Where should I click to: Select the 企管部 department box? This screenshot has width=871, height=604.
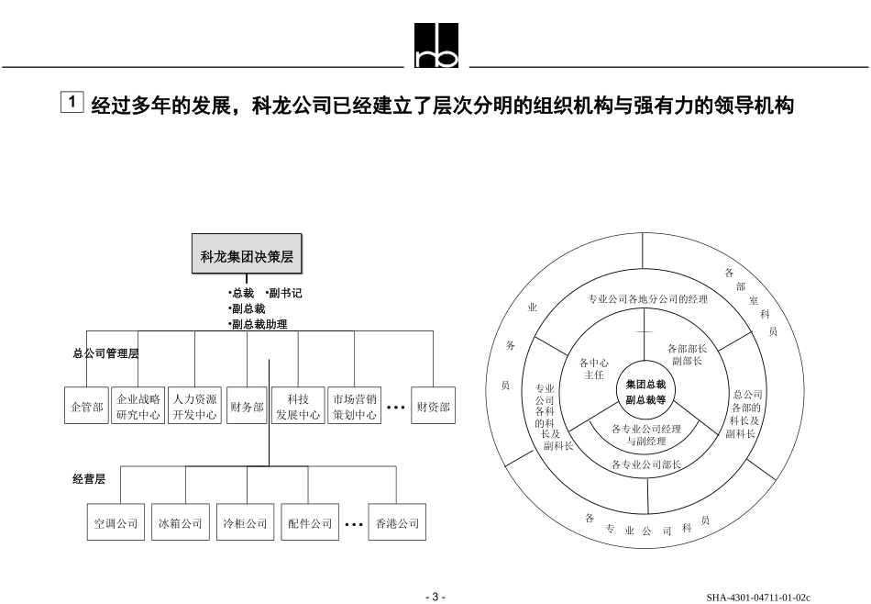tap(87, 406)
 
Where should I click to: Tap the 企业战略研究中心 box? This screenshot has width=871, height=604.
tap(138, 406)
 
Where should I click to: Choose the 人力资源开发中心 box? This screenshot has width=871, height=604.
tap(194, 406)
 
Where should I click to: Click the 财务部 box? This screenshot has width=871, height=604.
tap(247, 406)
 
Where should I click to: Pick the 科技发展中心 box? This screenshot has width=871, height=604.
tap(298, 406)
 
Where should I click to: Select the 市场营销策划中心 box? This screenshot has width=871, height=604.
tap(354, 406)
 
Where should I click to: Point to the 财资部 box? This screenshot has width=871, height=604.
tap(433, 406)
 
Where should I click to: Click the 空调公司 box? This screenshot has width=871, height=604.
tap(116, 523)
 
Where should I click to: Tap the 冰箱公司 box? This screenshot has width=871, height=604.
tap(180, 523)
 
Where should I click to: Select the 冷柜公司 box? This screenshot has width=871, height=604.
tap(244, 523)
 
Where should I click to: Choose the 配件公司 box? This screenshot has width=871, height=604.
tap(309, 523)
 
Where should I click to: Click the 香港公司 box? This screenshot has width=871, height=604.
tap(397, 523)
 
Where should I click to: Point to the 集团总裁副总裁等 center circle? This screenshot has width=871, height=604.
tap(645, 392)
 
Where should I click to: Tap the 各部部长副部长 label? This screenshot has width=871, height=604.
tap(687, 354)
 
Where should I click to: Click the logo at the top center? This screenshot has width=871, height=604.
tap(436, 47)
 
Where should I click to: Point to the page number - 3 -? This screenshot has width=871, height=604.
tap(435, 597)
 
